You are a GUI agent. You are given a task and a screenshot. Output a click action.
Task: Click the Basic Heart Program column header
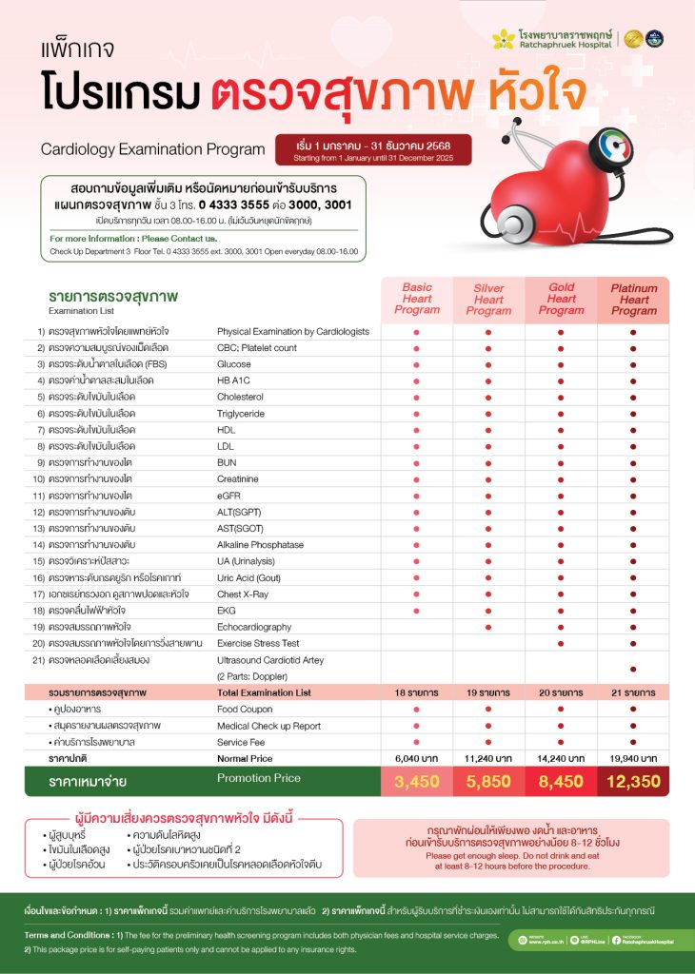417,298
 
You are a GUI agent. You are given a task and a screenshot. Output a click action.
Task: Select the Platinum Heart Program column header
633,298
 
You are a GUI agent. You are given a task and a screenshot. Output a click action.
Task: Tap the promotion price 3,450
417,783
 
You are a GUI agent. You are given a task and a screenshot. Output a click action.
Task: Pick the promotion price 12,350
633,783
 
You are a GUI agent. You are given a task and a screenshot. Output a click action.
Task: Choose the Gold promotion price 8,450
561,783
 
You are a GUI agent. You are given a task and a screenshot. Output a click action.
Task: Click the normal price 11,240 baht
488,758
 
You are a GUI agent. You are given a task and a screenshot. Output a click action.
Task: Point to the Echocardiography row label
254,627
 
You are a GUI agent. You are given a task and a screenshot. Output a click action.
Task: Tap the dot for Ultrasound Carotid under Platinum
633,669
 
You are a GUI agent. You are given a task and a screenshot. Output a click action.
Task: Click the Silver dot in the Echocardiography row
488,627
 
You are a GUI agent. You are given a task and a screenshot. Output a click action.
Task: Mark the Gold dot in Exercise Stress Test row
561,643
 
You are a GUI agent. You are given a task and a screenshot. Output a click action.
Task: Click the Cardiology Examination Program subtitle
152,149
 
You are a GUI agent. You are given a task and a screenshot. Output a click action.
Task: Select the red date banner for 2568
372,148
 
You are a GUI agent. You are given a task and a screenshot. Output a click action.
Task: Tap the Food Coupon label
245,710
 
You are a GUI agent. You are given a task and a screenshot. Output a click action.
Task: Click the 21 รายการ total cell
633,693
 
